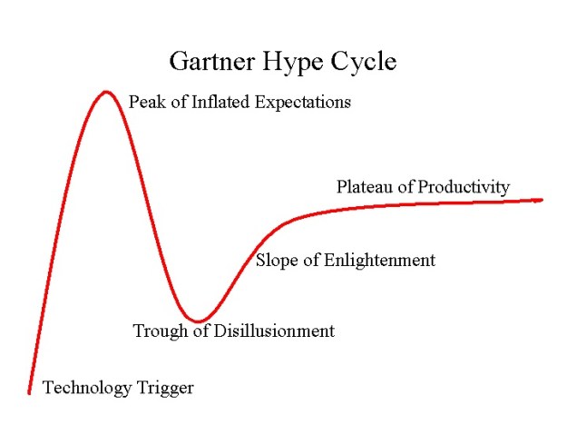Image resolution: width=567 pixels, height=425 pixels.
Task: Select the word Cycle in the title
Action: click(364, 64)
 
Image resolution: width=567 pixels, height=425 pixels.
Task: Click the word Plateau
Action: click(365, 187)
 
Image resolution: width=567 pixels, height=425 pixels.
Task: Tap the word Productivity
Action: click(463, 188)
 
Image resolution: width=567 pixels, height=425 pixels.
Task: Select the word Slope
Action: click(278, 261)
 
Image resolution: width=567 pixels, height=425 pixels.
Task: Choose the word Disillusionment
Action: click(273, 331)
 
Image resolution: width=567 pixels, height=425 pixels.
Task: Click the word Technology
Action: click(87, 389)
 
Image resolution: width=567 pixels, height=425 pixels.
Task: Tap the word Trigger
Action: click(165, 390)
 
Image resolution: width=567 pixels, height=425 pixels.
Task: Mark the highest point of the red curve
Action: click(106, 92)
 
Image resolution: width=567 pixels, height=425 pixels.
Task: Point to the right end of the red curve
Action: click(541, 200)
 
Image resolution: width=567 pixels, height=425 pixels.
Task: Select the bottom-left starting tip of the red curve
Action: click(29, 392)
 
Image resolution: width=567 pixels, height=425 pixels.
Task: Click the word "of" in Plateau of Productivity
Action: click(405, 187)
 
